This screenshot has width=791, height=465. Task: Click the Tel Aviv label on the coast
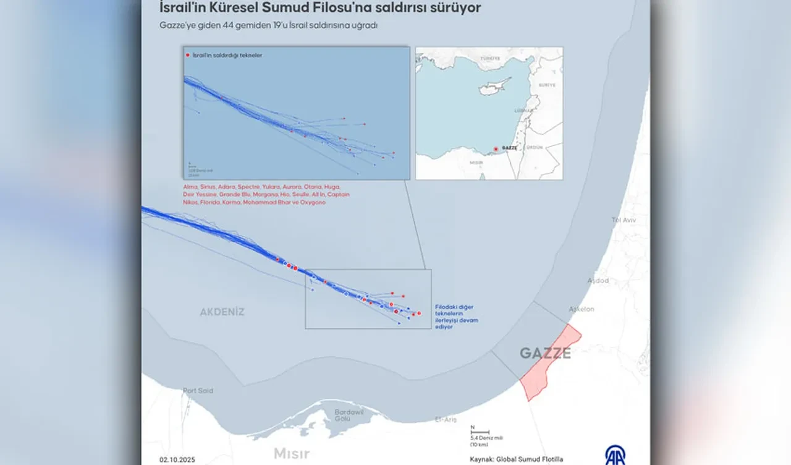[624, 220]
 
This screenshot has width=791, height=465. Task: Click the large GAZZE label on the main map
[544, 353]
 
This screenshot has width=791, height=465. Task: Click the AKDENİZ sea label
[222, 312]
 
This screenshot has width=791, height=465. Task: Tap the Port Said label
[198, 391]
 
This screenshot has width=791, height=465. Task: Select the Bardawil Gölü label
[349, 415]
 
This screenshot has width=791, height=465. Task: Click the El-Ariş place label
[446, 419]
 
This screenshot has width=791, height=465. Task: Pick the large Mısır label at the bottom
[292, 453]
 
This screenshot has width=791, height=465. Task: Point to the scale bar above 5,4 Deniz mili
[480, 432]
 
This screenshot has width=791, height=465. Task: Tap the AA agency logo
[614, 454]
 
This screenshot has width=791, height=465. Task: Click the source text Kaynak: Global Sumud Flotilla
[516, 459]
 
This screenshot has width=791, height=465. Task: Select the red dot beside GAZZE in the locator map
[496, 148]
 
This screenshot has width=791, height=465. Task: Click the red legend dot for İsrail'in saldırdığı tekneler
[188, 56]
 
